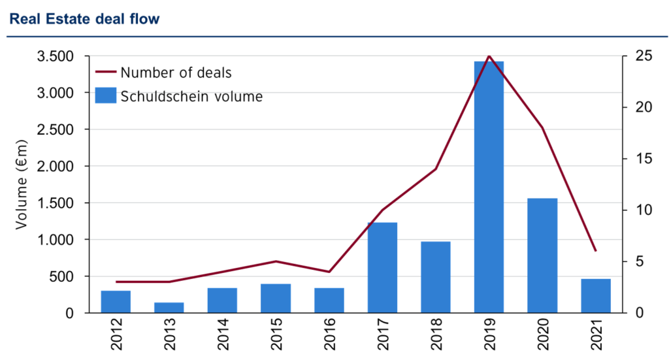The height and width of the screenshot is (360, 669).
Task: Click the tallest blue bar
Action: (489, 186)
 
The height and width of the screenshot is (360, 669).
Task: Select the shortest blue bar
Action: (169, 306)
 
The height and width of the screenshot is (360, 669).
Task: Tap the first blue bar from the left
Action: (116, 301)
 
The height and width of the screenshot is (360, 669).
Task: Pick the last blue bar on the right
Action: (596, 295)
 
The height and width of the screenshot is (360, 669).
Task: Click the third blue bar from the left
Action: (222, 299)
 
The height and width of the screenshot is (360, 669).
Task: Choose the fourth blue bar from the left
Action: (276, 297)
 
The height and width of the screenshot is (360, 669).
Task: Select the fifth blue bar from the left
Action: (329, 299)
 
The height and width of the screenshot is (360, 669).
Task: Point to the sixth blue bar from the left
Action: (382, 267)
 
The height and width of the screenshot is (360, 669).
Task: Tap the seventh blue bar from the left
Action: (436, 276)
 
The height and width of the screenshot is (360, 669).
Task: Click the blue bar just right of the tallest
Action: (542, 254)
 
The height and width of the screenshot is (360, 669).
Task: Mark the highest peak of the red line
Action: (489, 56)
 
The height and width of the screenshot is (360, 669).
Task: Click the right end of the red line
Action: (596, 251)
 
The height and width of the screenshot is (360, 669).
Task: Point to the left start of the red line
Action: (116, 282)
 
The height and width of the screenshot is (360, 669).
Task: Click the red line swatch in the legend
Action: (106, 71)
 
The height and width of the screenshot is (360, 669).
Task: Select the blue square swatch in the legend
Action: (106, 95)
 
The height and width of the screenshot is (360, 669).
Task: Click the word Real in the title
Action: (24, 19)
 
